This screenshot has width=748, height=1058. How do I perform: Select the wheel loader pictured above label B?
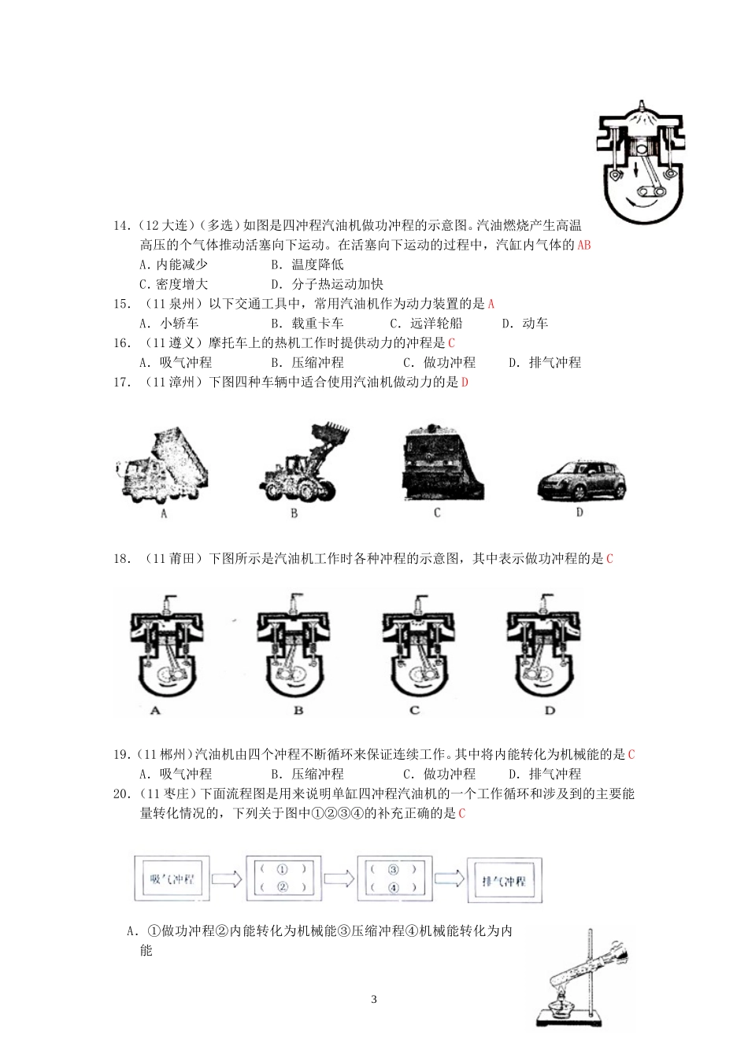tap(303, 461)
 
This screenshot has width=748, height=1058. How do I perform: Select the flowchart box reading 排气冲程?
tap(504, 880)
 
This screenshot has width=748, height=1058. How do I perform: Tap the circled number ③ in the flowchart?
tap(394, 870)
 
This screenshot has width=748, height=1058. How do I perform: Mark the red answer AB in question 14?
tap(583, 245)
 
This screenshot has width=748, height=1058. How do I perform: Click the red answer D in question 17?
tap(465, 383)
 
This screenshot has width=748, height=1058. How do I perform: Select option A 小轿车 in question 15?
tap(169, 324)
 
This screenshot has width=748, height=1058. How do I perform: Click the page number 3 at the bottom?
tap(374, 1000)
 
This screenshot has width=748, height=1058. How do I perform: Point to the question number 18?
tap(122, 559)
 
